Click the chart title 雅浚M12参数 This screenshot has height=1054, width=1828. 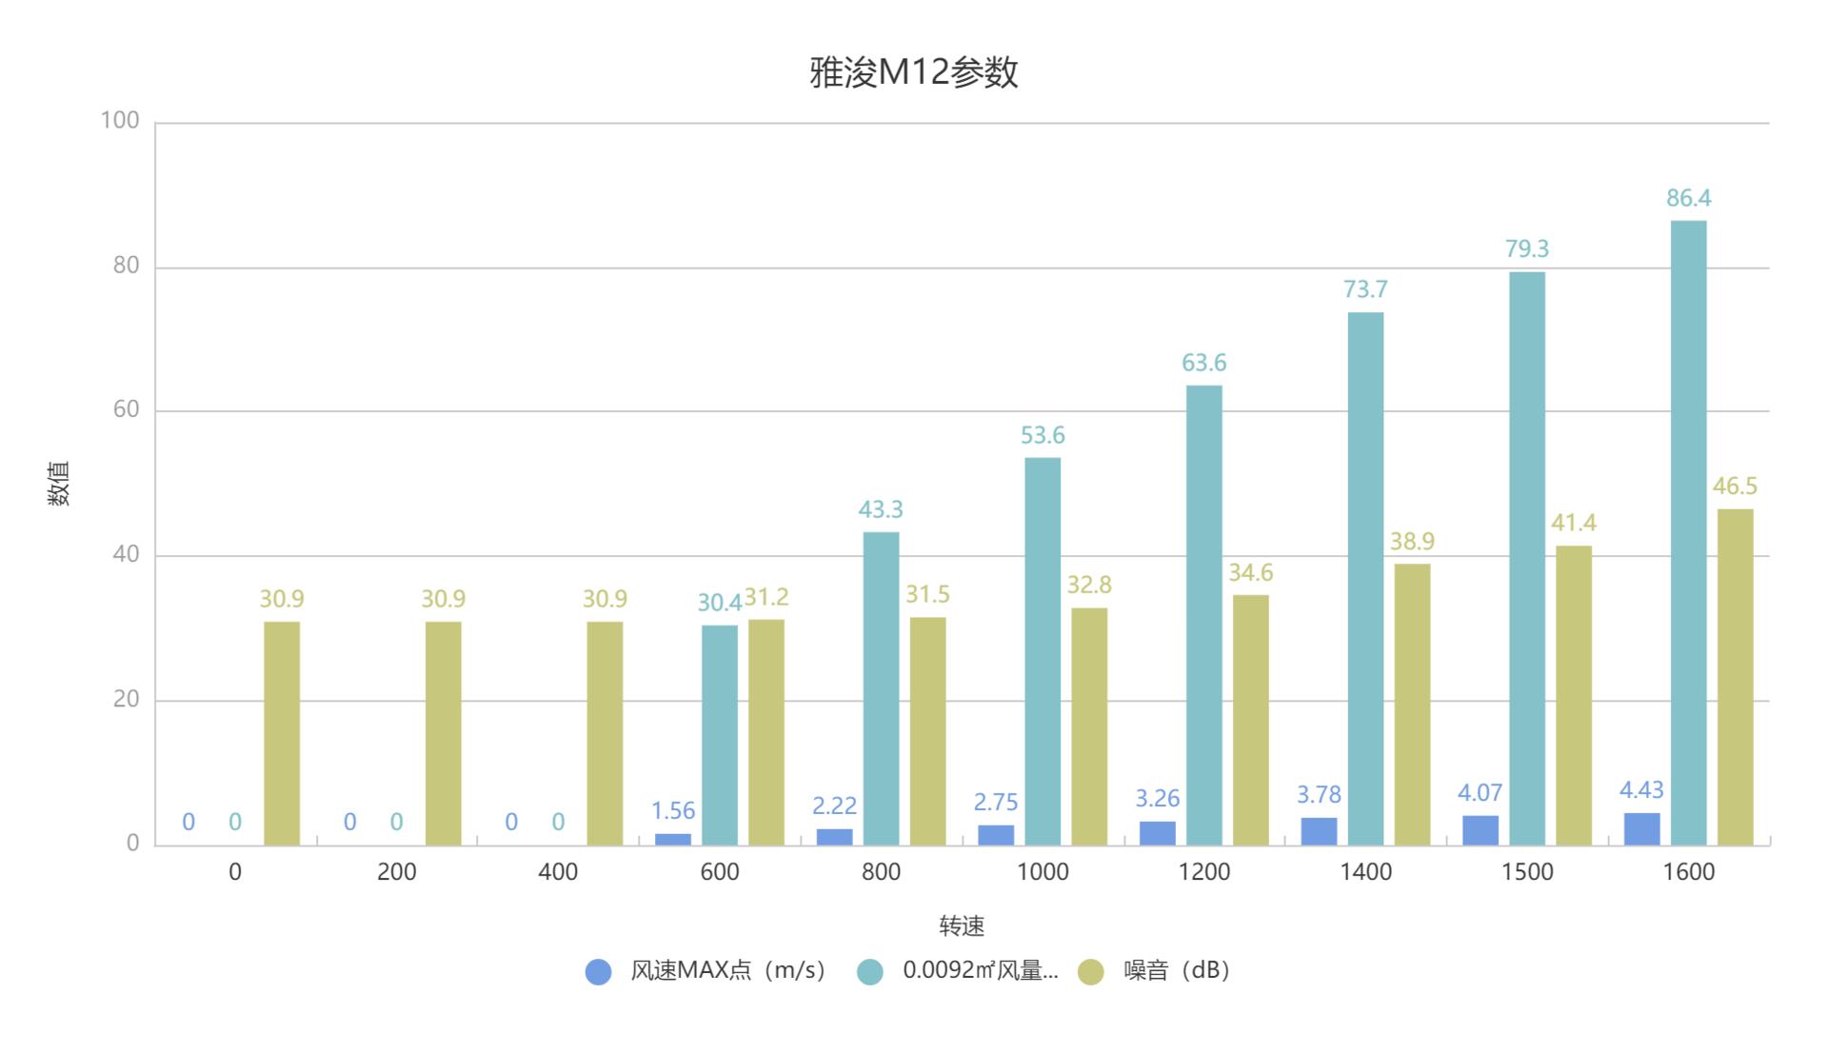coord(913,72)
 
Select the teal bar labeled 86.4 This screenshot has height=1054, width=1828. coord(1688,532)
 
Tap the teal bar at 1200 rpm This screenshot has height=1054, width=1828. coord(1203,615)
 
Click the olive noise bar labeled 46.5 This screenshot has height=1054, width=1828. coord(1735,677)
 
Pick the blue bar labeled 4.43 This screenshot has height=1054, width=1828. coord(1641,829)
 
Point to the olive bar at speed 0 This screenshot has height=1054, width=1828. coord(282,733)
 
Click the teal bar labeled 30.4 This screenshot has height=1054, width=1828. coord(719,735)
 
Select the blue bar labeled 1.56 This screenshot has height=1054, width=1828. coord(673,839)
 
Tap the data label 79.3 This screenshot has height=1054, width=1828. coord(1526,249)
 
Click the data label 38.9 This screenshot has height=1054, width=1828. coord(1411,542)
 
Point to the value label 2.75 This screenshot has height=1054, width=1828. coord(995,802)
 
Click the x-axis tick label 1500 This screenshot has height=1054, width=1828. coord(1526,872)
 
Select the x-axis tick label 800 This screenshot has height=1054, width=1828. coord(881,872)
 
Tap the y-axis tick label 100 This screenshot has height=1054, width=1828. coord(120,121)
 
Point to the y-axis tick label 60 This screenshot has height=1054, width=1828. coord(126,409)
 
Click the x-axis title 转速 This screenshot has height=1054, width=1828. coord(962,925)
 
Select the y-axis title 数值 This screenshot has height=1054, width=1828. coord(59,483)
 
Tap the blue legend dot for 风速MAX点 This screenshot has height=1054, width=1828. coord(598,971)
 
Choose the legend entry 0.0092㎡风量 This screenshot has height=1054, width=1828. coord(980,970)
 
